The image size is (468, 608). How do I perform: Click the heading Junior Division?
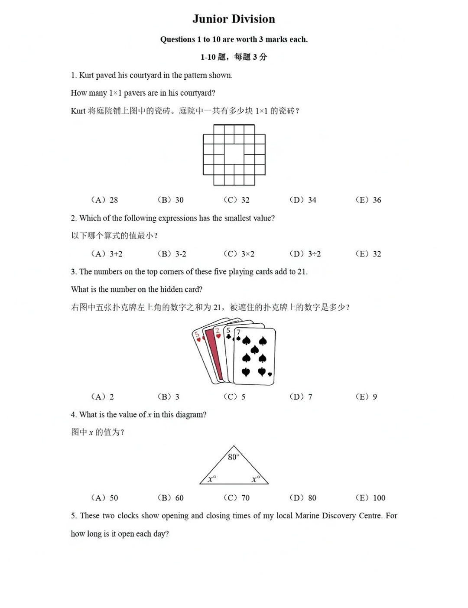point(234,19)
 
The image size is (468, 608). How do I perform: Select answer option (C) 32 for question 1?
point(237,200)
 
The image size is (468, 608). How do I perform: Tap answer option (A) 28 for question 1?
point(104,200)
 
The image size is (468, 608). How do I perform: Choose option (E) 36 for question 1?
point(368,200)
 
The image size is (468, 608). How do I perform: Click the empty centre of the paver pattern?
point(234,154)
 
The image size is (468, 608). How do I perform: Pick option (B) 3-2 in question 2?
point(172,254)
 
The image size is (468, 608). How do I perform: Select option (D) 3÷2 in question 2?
point(305,254)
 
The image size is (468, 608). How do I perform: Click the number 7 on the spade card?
point(238,332)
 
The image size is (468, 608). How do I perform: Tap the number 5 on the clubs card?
point(228,331)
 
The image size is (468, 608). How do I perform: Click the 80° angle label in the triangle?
point(234,457)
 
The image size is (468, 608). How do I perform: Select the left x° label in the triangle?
point(211,479)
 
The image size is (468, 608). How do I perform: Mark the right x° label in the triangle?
point(256,479)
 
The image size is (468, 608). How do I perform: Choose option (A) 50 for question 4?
point(104,497)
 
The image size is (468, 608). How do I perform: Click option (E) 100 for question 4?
point(370,497)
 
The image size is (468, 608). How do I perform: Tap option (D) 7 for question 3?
point(301,397)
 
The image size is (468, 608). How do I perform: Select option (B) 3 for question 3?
point(169,397)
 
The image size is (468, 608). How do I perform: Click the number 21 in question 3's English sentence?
point(302,272)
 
